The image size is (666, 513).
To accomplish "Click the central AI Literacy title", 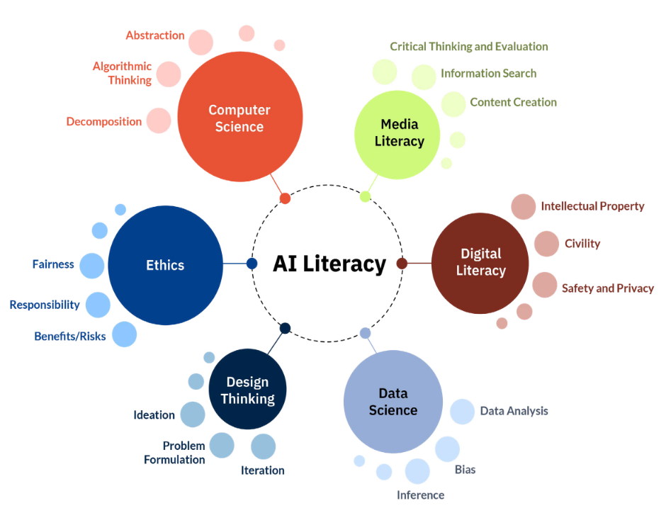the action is click(x=329, y=264).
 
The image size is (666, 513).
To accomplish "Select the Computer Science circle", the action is click(x=240, y=117).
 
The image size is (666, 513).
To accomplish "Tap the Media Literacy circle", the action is click(x=397, y=135).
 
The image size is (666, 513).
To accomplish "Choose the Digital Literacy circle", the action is click(x=480, y=264).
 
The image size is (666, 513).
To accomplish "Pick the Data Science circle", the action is click(x=393, y=401).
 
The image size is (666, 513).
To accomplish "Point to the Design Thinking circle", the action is click(x=248, y=389).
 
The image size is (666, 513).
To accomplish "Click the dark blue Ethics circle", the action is click(x=165, y=266).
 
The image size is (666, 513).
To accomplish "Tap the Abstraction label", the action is click(x=155, y=35).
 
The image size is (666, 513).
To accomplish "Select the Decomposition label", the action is click(x=104, y=122).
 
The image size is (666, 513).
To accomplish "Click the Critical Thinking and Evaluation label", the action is click(x=469, y=46).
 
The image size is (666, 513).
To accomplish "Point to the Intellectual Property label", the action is click(x=592, y=206).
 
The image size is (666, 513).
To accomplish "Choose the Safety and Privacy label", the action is click(x=608, y=288).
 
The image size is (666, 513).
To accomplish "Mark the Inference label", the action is click(x=420, y=495).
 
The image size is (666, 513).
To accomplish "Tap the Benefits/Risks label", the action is click(x=70, y=337).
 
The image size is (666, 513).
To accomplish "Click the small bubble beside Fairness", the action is click(x=91, y=266).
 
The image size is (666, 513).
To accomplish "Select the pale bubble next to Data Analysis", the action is click(x=462, y=412).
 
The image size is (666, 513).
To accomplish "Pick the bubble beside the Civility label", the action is click(x=547, y=244).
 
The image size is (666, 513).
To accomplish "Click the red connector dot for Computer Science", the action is click(x=285, y=198).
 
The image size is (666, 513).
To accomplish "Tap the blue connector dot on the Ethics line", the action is click(x=252, y=264).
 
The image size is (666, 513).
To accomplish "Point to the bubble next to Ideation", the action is click(x=193, y=415).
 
